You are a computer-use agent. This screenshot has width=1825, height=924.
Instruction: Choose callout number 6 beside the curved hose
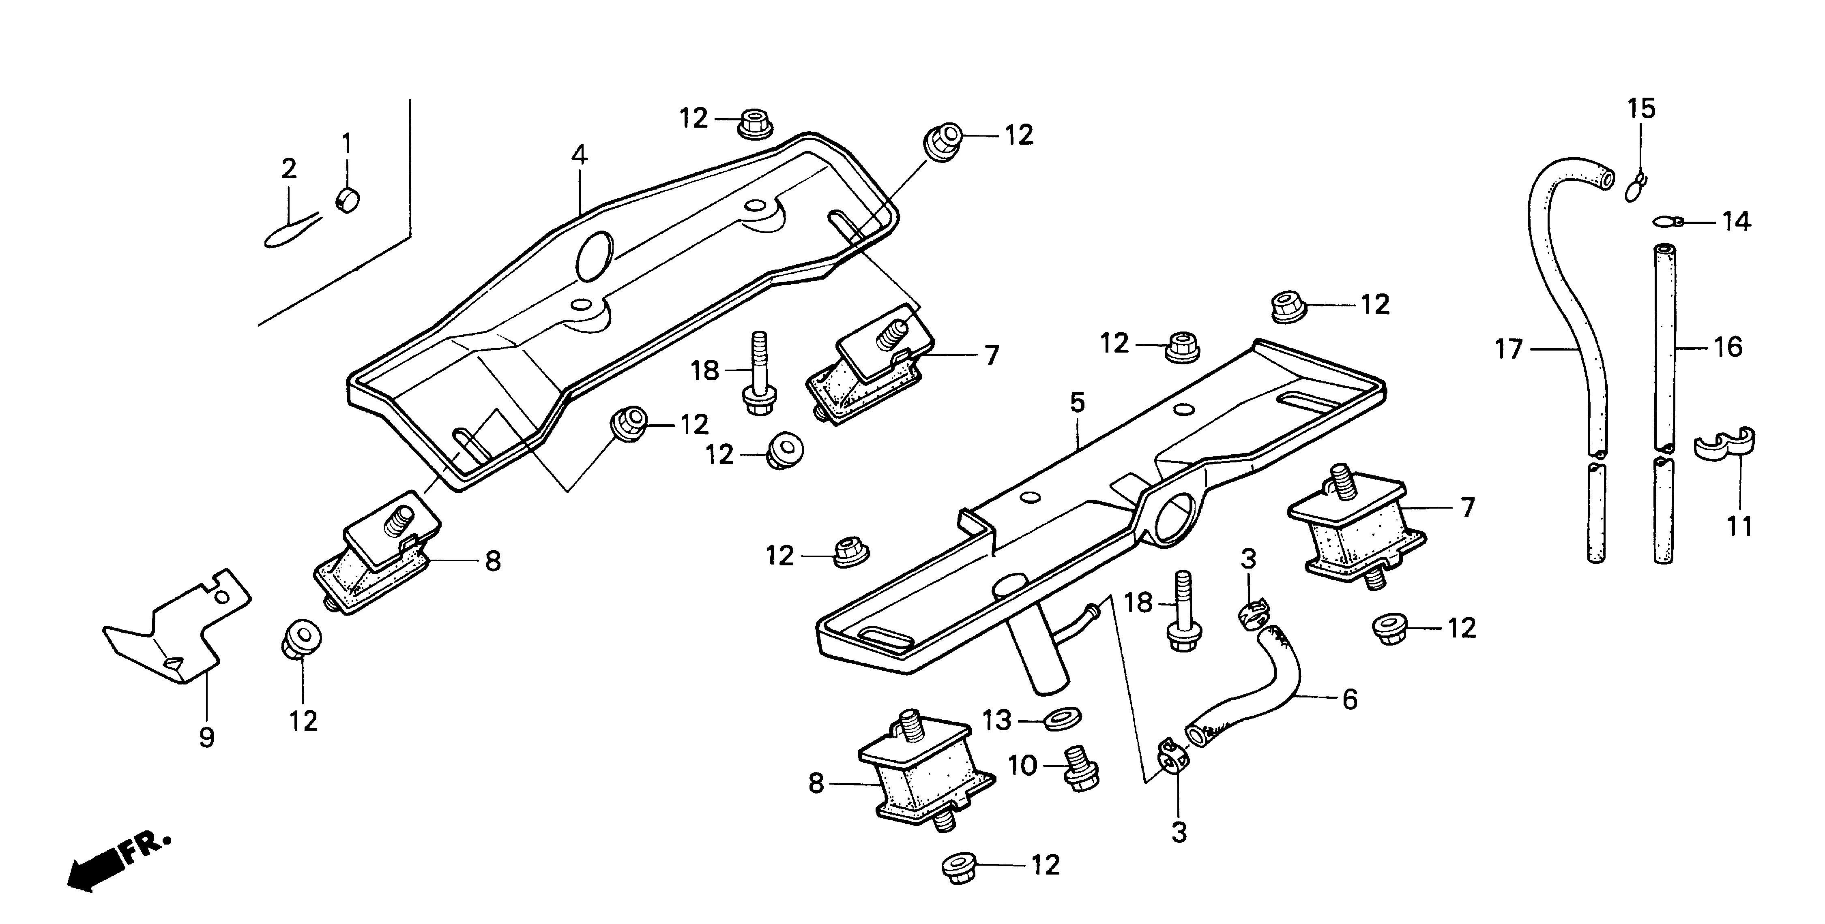tap(1350, 699)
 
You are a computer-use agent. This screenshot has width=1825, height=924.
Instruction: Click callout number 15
tap(1641, 109)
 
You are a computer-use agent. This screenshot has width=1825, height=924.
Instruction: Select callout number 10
tap(1022, 766)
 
